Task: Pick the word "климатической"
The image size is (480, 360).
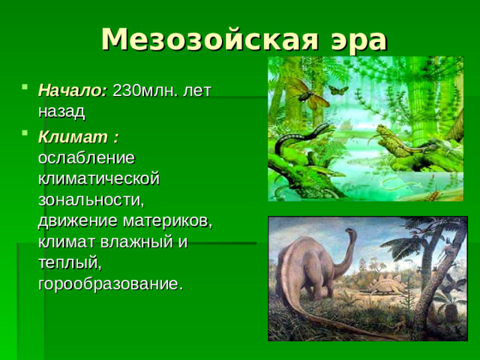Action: pyautogui.click(x=99, y=179)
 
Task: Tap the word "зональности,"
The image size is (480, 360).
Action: pyautogui.click(x=91, y=200)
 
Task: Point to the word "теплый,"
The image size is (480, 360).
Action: pyautogui.click(x=69, y=263)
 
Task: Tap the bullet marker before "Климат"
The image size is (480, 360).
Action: pyautogui.click(x=26, y=136)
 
